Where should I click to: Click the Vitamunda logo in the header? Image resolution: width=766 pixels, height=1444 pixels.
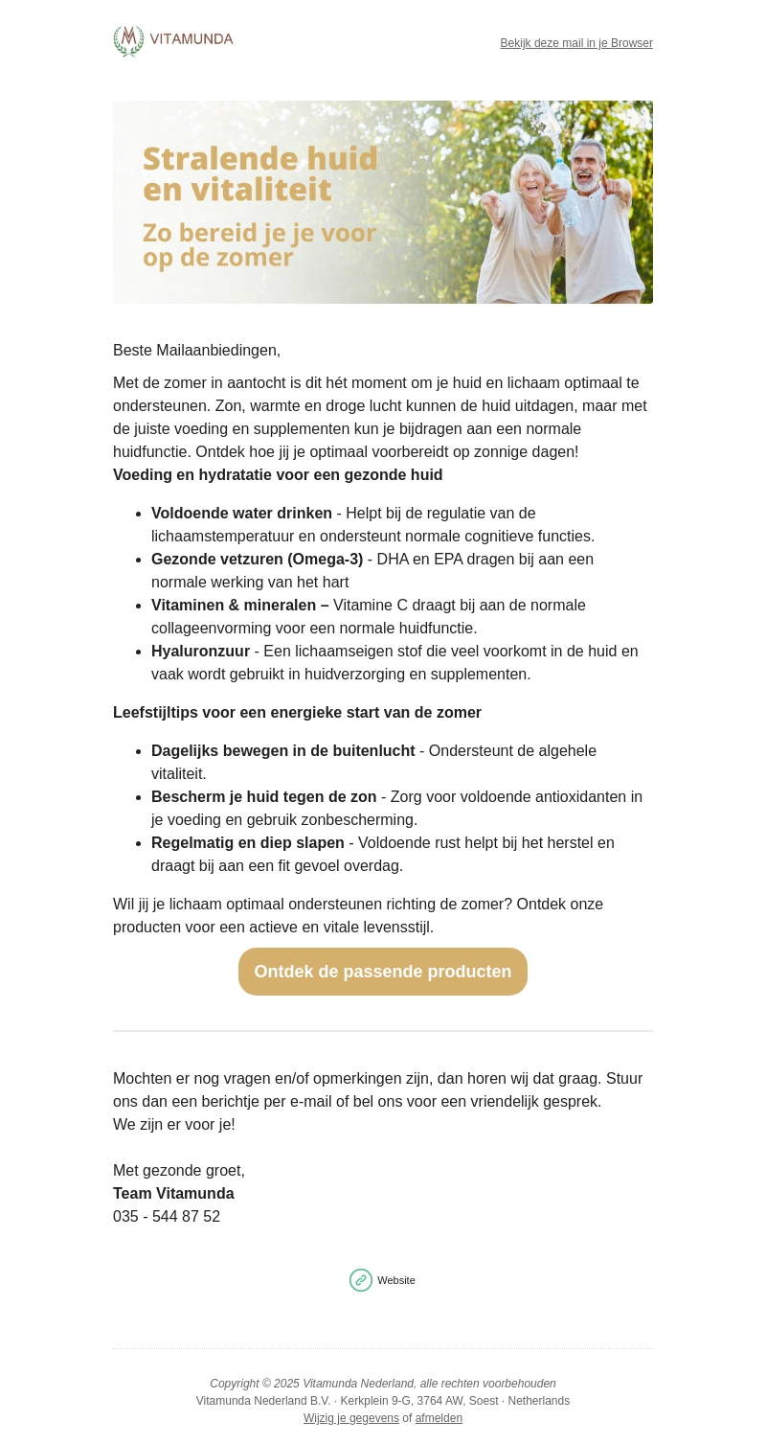(x=173, y=41)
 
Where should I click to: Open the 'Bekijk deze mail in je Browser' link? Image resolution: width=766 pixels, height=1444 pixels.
(x=576, y=43)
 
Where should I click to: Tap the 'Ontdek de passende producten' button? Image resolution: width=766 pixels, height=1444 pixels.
(x=383, y=972)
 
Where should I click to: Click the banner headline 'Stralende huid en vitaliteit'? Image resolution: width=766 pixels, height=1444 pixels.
(x=260, y=173)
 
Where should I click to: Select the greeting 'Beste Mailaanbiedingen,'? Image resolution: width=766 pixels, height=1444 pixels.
(x=196, y=351)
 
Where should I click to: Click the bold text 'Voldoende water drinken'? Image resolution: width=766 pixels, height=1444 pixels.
(x=241, y=514)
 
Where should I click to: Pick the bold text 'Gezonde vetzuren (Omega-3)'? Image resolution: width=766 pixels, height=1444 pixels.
(x=257, y=560)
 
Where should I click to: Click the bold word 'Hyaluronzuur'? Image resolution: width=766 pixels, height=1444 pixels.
(x=200, y=652)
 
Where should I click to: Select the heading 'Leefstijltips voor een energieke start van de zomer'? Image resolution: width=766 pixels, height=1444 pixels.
(x=297, y=713)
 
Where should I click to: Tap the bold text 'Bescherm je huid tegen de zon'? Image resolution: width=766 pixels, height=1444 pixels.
(x=263, y=797)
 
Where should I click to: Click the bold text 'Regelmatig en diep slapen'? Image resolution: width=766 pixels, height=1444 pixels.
(x=247, y=843)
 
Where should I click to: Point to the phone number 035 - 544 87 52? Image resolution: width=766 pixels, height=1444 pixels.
(x=167, y=1217)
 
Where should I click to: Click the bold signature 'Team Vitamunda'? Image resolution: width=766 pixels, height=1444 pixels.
(x=173, y=1194)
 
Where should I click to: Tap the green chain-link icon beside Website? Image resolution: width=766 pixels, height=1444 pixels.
(x=361, y=1280)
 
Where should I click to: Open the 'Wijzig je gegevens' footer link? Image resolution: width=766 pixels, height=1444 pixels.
(x=351, y=1418)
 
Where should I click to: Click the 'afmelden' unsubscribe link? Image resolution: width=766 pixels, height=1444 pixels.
(x=439, y=1418)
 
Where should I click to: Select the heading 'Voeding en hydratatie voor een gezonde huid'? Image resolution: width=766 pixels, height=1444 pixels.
(x=278, y=475)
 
